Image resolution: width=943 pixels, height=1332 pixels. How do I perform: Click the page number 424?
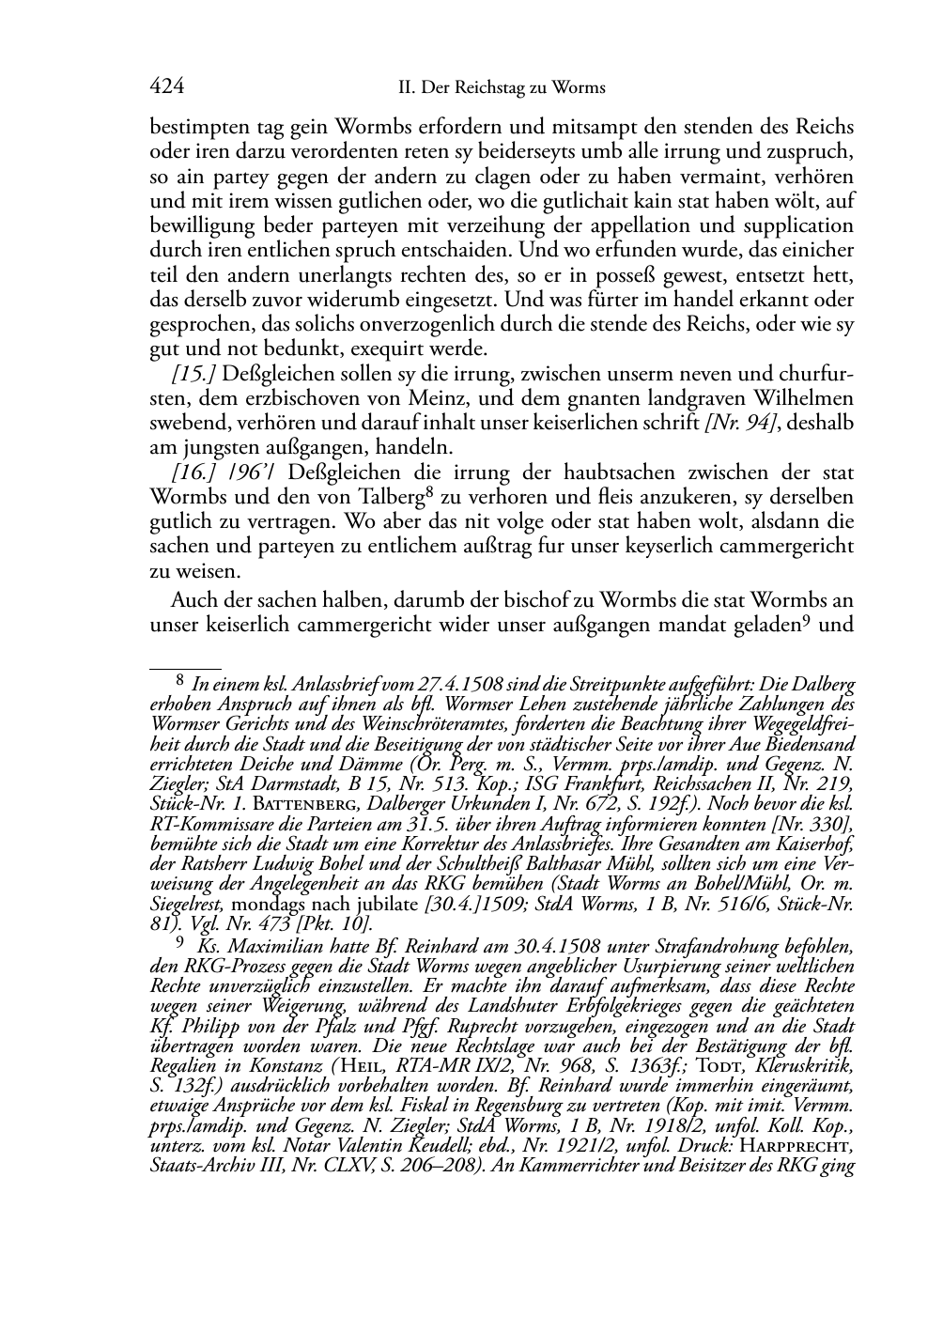166,87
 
